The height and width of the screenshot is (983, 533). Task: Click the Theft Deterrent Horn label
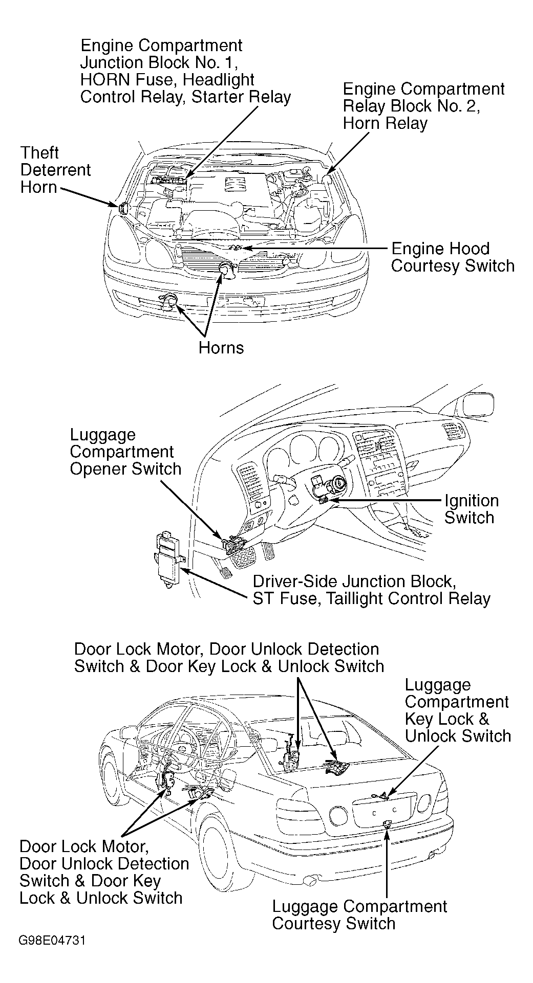[55, 170]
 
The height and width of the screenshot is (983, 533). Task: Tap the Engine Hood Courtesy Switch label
[453, 257]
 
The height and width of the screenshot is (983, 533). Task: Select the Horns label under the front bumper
[221, 348]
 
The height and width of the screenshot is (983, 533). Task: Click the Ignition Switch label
[471, 509]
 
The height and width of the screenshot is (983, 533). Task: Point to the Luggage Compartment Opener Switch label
[125, 452]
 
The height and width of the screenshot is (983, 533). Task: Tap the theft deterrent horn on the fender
[123, 208]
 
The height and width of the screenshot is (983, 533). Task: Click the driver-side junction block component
[168, 560]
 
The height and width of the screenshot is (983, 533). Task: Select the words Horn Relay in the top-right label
[385, 123]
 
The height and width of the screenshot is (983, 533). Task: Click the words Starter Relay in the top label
[241, 97]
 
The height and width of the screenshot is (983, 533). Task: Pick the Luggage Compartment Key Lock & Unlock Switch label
[457, 710]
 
